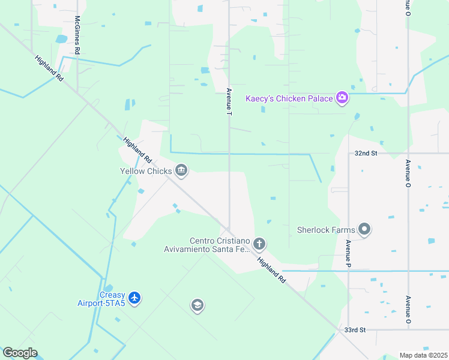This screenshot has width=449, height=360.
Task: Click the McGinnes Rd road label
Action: pos(77,35)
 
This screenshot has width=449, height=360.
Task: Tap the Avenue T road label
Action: pos(229,101)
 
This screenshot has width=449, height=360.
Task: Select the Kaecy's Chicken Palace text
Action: pos(289,98)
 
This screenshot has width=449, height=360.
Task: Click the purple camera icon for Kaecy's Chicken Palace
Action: pos(342,98)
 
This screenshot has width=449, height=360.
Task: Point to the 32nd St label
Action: pos(366,154)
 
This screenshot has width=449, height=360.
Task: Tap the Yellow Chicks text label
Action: pos(146,171)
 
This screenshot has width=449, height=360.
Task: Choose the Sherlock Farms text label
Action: pos(326,229)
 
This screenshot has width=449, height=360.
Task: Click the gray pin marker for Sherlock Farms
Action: pos(364,229)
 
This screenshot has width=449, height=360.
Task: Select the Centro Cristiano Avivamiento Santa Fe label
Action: pos(206,245)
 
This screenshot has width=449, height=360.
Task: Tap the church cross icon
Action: pos(259,244)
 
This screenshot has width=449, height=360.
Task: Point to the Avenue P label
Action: pos(348,253)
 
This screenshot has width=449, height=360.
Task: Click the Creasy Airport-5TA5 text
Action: pos(101,299)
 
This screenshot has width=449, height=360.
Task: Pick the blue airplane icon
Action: pos(134,298)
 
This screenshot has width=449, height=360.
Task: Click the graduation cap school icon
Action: pos(197,306)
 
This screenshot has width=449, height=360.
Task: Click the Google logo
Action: pos(20,353)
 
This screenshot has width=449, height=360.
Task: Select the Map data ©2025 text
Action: pos(423,355)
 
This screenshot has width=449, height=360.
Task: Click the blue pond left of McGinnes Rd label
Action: pos(61,39)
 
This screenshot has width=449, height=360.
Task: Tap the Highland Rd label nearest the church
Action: pos(272,268)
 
